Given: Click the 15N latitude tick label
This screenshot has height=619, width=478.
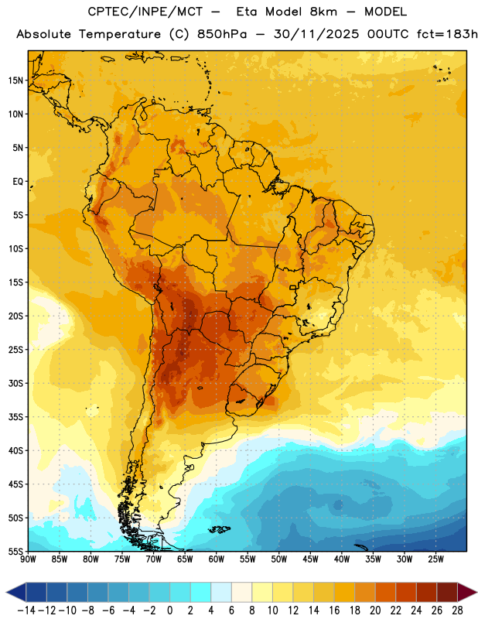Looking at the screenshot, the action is tap(15, 80).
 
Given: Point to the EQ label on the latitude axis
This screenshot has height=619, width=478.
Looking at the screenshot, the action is tap(18, 182).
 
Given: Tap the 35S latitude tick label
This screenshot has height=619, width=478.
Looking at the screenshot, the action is tap(15, 417).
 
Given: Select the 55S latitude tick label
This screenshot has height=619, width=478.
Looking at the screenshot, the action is tap(15, 551).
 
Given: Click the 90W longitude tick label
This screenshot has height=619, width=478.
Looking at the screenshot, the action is tap(28, 559).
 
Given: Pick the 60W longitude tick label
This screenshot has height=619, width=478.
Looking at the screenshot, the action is tap(217, 559).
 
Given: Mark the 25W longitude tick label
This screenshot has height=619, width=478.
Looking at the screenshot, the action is tap(435, 559).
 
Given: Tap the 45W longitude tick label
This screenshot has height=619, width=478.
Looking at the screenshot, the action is tap(310, 559).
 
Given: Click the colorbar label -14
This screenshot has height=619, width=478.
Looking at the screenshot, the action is tap(26, 610).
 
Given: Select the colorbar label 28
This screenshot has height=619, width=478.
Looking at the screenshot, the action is tap(457, 610).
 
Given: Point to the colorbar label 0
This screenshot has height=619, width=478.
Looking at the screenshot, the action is tap(170, 610).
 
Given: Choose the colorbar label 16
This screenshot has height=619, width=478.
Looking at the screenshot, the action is tap(334, 610).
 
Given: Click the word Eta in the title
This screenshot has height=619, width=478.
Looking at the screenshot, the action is tap(247, 12).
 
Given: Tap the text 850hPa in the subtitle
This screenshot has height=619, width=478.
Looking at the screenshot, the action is tap(222, 34).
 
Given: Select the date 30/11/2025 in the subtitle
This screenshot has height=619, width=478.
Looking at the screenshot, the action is tap(316, 34).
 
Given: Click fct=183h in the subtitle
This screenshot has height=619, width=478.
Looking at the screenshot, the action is tap(447, 34).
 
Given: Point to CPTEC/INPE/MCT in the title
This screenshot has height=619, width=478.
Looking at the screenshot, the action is tap(145, 12).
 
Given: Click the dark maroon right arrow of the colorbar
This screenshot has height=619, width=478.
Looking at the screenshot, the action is tap(467, 592).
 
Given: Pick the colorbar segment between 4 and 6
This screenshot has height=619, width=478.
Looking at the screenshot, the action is tap(221, 592).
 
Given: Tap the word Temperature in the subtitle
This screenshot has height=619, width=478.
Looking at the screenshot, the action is tap(120, 34).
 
